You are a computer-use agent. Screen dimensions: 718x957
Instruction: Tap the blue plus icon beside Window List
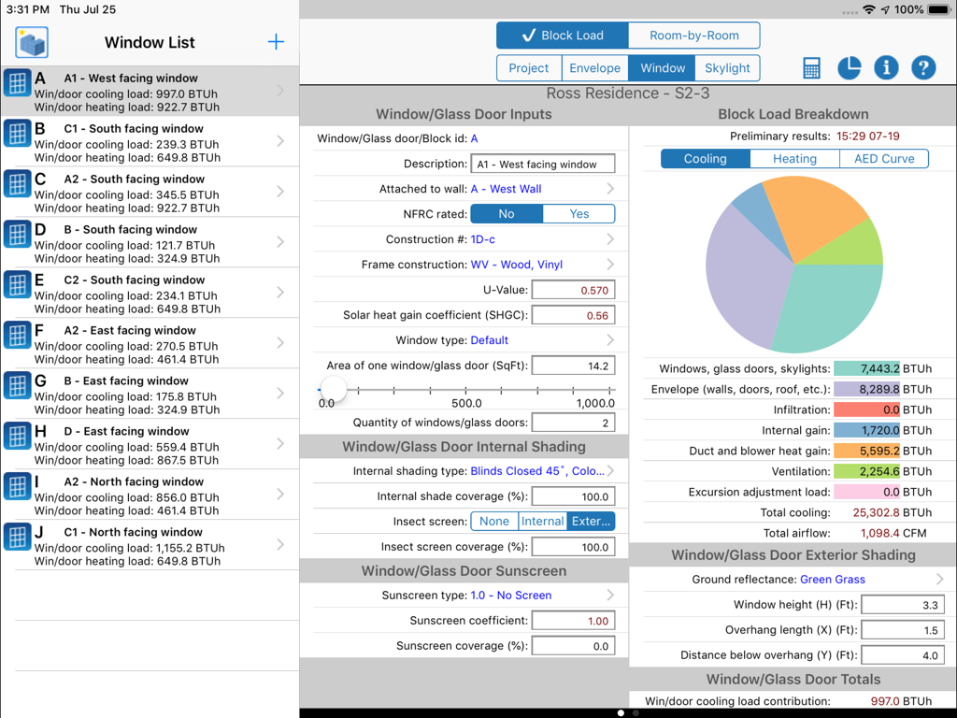tap(276, 42)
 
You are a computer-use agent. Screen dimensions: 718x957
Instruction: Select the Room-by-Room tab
tap(693, 36)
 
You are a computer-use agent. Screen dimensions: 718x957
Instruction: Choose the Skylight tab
tap(727, 68)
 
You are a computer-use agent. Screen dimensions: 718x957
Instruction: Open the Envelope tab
tap(594, 68)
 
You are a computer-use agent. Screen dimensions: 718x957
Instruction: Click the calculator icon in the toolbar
tap(811, 68)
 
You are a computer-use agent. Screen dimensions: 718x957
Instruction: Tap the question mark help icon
tap(922, 67)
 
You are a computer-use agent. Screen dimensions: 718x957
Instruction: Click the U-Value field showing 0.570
tap(573, 290)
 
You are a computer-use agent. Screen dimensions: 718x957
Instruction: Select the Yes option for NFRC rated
tap(578, 214)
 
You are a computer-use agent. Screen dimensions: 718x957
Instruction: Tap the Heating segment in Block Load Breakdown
tap(794, 159)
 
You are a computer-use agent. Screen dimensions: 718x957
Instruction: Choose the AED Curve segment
tap(884, 159)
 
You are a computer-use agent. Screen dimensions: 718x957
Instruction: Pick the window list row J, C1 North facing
tap(150, 546)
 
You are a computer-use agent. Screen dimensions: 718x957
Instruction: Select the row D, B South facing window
tap(150, 243)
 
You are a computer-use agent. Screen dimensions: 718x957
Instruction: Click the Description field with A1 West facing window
tap(543, 164)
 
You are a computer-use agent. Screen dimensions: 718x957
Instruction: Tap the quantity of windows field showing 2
tap(573, 423)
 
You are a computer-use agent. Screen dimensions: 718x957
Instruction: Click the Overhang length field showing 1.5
tap(901, 630)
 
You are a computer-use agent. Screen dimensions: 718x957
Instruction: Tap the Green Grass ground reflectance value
tap(833, 580)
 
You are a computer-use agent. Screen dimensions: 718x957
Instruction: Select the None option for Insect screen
tap(494, 522)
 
